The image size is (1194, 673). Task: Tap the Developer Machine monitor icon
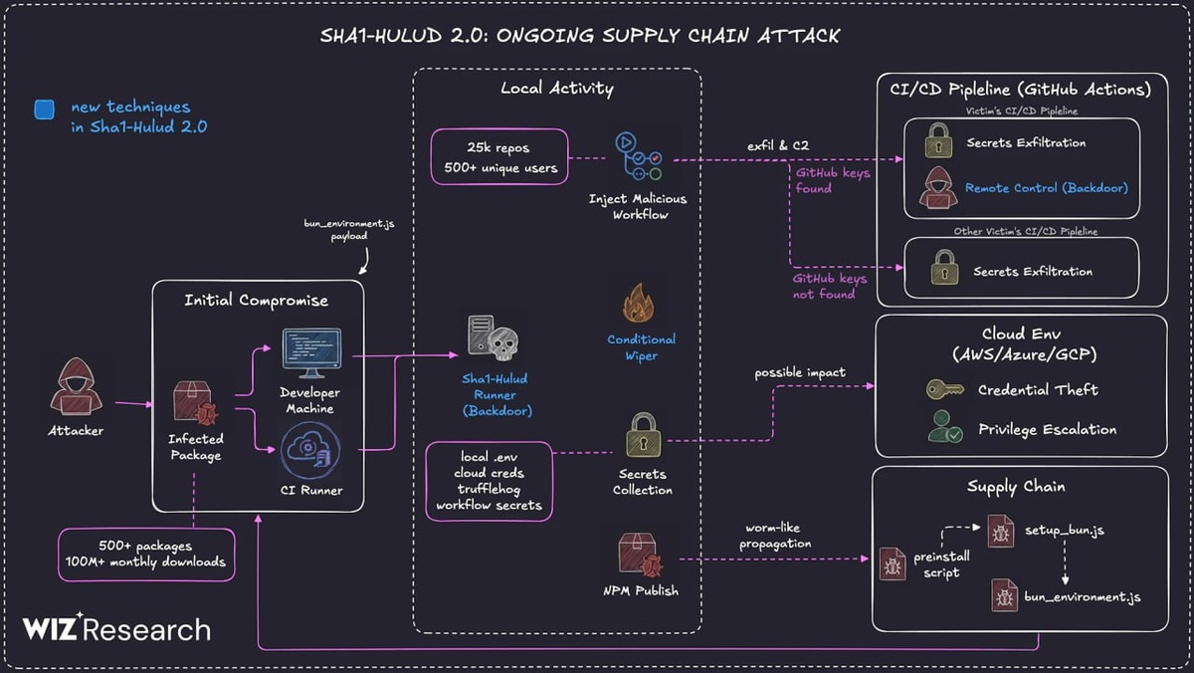(x=310, y=353)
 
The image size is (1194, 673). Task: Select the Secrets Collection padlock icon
(x=643, y=435)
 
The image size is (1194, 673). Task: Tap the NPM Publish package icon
(x=641, y=555)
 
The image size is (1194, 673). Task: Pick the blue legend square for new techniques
(x=44, y=109)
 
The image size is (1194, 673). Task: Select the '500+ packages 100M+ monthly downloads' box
(x=147, y=555)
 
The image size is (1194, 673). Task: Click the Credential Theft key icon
(x=943, y=389)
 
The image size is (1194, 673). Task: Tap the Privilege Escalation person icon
(x=943, y=428)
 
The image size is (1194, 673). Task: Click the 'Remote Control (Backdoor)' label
(x=1046, y=187)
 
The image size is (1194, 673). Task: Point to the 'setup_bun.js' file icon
(x=1000, y=532)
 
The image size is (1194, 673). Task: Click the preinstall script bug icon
(x=893, y=564)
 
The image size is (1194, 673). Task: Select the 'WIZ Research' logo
(x=117, y=629)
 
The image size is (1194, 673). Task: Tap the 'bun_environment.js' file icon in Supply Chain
(x=1004, y=595)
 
